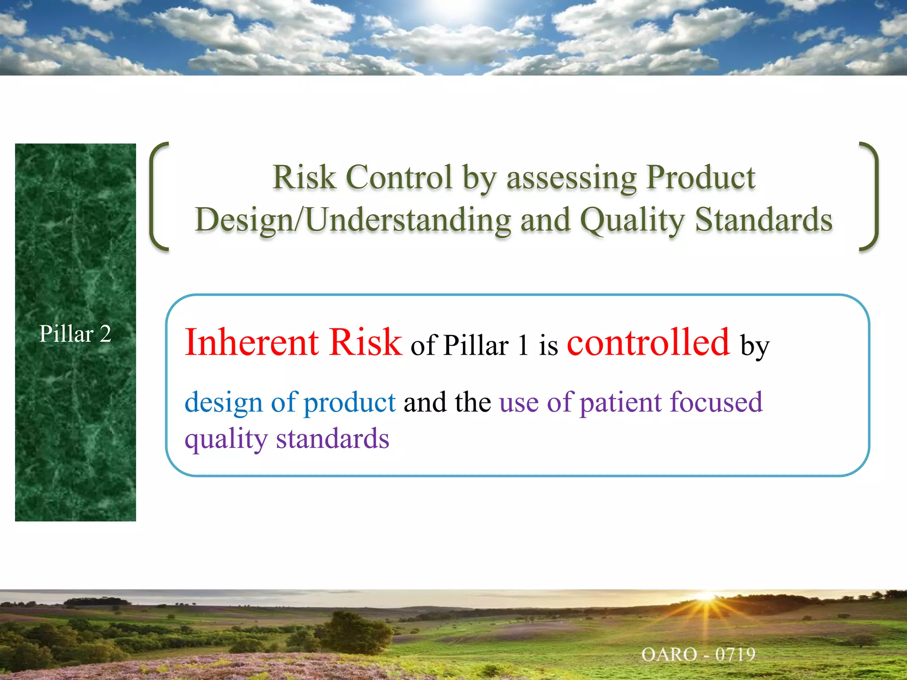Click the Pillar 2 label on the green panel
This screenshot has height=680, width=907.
coord(75,333)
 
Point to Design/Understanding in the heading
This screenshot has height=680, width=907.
coord(353,220)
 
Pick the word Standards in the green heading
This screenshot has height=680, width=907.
coord(764,220)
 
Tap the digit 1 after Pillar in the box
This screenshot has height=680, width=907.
coord(523,345)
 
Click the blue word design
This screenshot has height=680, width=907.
coord(224,403)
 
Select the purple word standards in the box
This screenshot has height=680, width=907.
coord(333,439)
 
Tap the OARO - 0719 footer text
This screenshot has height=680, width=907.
coord(698,654)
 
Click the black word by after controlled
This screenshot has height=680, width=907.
coord(755,346)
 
